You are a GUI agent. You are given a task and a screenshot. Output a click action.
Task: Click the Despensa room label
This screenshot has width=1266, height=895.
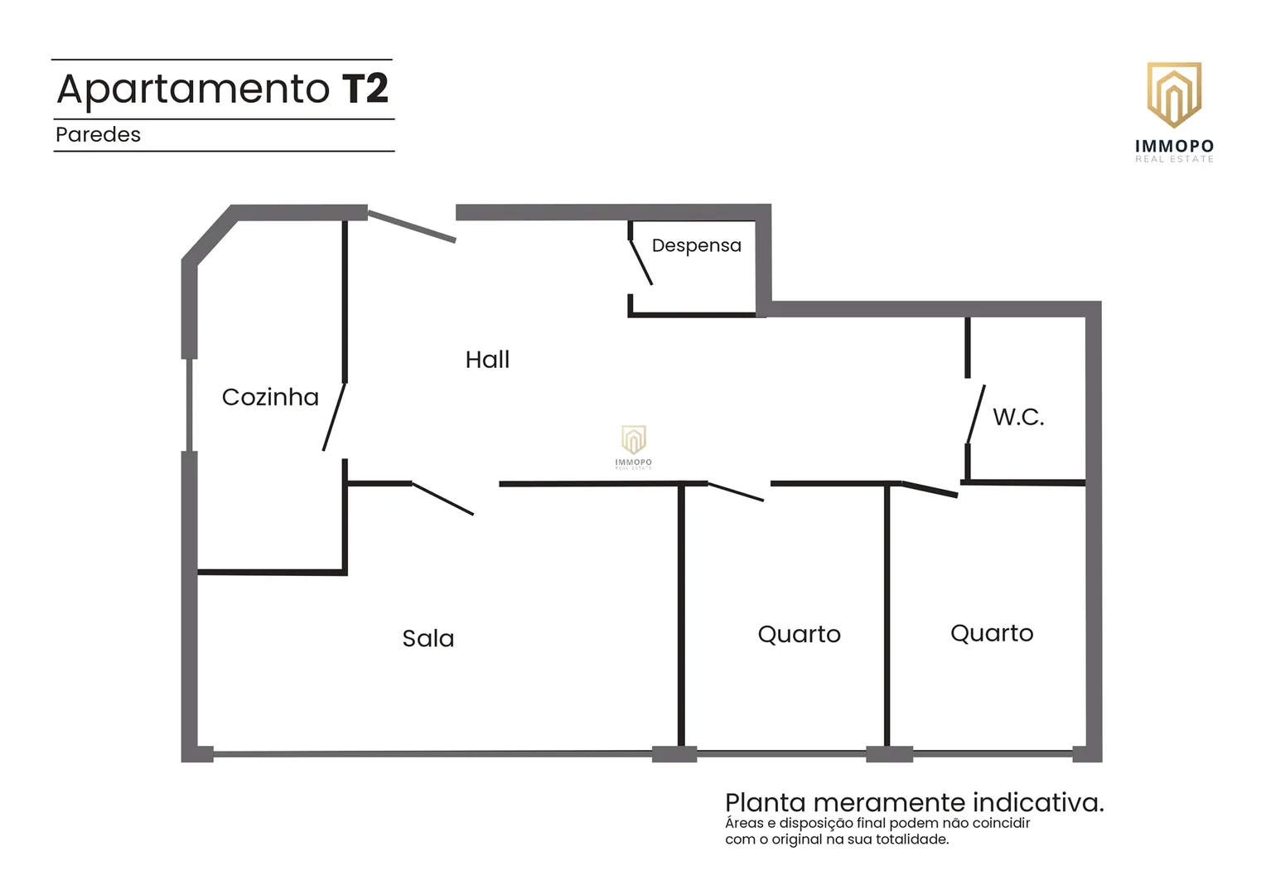pyautogui.click(x=696, y=246)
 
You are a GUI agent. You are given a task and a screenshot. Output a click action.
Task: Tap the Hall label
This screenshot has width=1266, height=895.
pyautogui.click(x=487, y=360)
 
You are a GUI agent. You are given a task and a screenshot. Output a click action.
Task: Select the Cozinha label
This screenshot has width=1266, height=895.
pyautogui.click(x=270, y=397)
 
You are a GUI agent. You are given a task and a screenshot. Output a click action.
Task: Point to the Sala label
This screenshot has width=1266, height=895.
pyautogui.click(x=428, y=638)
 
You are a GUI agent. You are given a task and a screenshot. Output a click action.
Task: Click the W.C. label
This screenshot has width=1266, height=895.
pyautogui.click(x=1018, y=417)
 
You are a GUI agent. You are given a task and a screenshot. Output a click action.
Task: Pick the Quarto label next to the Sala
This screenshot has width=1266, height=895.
pyautogui.click(x=800, y=635)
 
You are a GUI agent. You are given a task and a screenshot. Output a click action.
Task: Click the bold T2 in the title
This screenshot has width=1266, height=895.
pyautogui.click(x=365, y=88)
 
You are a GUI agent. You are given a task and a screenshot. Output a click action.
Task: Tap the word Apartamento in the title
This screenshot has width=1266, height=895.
pyautogui.click(x=193, y=89)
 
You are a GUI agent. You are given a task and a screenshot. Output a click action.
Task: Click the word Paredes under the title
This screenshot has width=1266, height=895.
pyautogui.click(x=99, y=134)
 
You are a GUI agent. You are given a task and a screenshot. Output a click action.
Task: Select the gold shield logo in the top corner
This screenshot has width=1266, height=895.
pyautogui.click(x=1174, y=94)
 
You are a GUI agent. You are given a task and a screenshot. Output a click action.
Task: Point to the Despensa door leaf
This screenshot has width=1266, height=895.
pyautogui.click(x=641, y=262)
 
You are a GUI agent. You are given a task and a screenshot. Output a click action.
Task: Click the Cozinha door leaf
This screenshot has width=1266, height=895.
pyautogui.click(x=334, y=417)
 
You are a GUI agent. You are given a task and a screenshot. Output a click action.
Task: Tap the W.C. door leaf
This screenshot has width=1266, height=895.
pyautogui.click(x=975, y=414)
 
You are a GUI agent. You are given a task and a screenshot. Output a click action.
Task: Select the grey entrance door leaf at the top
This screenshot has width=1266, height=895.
pyautogui.click(x=412, y=226)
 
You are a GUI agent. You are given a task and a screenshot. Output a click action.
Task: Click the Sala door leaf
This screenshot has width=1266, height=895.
pyautogui.click(x=442, y=499)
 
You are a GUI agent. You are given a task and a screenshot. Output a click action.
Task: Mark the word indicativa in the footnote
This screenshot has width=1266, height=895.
pyautogui.click(x=1038, y=803)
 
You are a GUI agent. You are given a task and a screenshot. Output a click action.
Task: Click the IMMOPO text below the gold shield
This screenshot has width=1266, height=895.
pyautogui.click(x=1174, y=147)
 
